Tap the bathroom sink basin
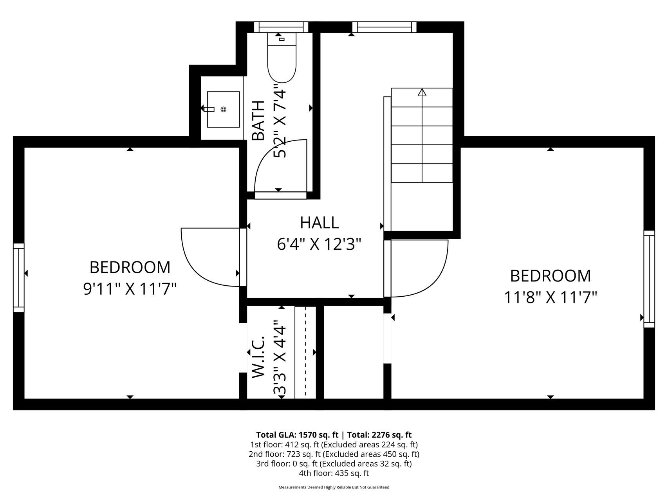(x=223, y=110)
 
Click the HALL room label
(x=319, y=223)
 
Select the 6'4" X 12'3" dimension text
(x=319, y=245)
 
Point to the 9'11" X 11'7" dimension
(x=130, y=289)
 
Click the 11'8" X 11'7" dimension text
(x=550, y=298)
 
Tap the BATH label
(x=258, y=121)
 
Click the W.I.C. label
(x=259, y=357)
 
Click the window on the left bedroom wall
(x=19, y=278)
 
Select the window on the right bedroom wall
(x=649, y=279)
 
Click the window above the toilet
(x=281, y=27)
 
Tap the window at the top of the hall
(x=384, y=27)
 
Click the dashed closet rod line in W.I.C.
(x=305, y=352)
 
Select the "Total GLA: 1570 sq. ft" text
(x=297, y=435)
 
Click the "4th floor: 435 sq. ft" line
(x=334, y=473)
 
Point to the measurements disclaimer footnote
(x=334, y=487)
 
